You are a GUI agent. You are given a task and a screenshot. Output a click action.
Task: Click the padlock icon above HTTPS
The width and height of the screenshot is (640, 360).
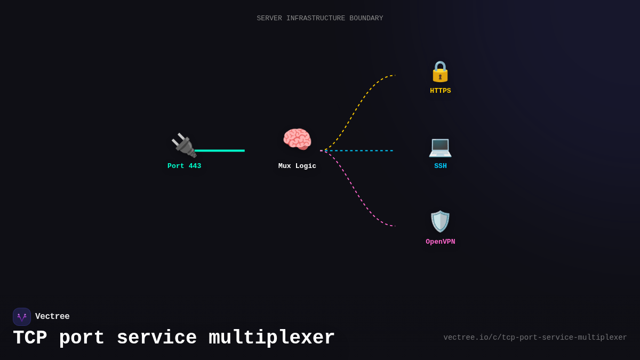pos(440,71)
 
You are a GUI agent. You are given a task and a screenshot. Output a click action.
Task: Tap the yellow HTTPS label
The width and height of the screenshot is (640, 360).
pos(440,91)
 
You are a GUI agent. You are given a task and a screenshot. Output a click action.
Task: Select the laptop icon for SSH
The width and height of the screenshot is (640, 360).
pos(440,147)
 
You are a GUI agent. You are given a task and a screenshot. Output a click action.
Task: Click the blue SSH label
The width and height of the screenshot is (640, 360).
pos(440,166)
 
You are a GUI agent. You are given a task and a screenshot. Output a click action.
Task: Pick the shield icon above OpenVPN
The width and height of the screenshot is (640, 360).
pos(440,221)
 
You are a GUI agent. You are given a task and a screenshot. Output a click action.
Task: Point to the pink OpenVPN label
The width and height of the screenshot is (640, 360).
pos(440,242)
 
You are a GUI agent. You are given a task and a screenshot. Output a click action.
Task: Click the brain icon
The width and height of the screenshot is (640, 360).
pos(297,140)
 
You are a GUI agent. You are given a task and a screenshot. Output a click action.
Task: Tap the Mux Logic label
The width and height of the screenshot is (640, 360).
pos(297,166)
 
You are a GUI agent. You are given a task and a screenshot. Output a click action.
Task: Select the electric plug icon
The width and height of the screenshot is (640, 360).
pos(183,145)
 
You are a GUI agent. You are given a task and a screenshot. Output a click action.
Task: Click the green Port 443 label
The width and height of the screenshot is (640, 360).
pos(184,166)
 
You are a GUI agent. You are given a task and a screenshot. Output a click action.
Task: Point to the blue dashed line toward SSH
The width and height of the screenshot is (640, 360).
pos(363,151)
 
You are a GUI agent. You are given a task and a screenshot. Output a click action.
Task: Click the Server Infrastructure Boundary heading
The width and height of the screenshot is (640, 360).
pos(320,19)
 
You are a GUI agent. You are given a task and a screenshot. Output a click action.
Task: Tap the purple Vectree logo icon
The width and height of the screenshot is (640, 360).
pos(22,317)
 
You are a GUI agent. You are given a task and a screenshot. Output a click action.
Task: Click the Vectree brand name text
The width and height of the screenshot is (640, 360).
pos(52,317)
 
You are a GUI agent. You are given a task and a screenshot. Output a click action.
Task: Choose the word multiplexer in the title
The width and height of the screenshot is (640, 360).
pos(271,338)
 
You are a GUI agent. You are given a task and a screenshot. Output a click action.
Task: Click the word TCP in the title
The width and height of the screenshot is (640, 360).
pos(30,338)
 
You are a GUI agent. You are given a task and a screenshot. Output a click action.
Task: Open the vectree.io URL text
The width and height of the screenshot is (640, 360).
pos(535,338)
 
